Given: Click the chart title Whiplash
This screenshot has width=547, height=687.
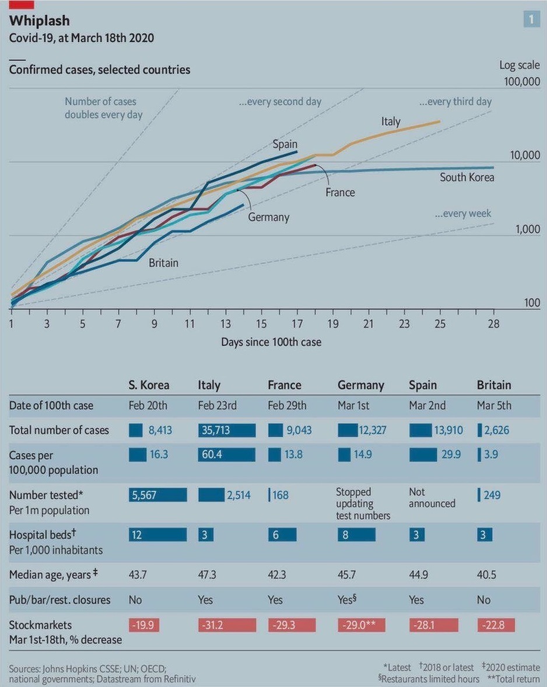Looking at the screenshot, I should click(x=40, y=21).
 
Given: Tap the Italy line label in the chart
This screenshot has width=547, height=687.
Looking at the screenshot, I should click(x=391, y=121).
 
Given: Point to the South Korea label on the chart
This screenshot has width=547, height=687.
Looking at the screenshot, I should click(x=467, y=177).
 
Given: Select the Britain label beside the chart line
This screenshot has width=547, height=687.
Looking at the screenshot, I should click(x=163, y=263).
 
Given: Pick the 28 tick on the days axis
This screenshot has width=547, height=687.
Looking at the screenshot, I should click(x=493, y=325).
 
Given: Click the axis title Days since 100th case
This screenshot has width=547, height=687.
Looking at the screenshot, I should click(x=271, y=342).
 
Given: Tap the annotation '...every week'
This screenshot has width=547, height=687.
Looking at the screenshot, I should click(x=463, y=214).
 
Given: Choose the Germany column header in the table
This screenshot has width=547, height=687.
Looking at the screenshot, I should click(x=361, y=385).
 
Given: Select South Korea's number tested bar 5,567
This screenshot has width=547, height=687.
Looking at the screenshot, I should click(x=157, y=495).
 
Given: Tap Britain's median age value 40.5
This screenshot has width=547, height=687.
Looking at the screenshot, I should click(x=486, y=575).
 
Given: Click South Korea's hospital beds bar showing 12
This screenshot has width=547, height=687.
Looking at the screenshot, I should click(x=157, y=535).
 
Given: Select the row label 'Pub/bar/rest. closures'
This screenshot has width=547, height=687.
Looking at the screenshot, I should click(x=60, y=599).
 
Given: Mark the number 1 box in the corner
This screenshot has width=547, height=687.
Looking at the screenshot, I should click(x=531, y=19).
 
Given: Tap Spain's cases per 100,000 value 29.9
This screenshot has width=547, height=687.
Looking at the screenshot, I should click(x=451, y=455).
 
